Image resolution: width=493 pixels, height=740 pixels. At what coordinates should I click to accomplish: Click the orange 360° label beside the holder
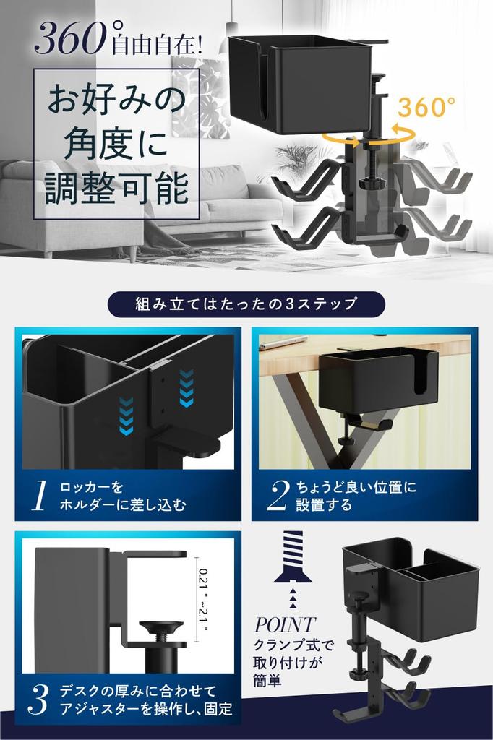(x=426, y=107)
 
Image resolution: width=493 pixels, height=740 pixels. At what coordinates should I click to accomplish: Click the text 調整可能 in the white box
(x=116, y=186)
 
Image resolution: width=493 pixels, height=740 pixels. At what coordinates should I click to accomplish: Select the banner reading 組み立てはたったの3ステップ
(x=246, y=304)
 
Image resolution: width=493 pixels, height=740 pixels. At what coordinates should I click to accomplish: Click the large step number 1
(x=40, y=496)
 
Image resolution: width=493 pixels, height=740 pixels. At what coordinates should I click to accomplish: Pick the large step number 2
(x=278, y=496)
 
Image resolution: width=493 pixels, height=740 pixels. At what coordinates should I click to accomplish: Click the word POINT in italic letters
(x=284, y=624)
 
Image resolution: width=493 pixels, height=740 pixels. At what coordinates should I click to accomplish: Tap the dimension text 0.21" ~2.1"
(x=201, y=598)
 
